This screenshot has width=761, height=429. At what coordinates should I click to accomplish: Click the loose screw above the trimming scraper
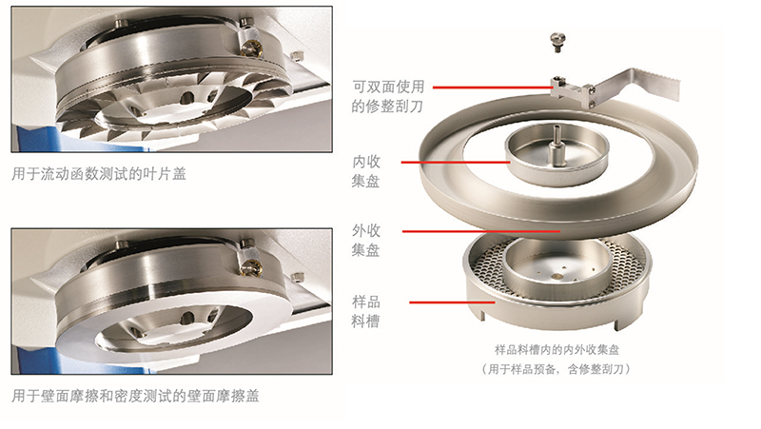[x=556, y=42]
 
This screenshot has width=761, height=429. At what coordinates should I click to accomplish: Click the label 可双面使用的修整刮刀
[x=388, y=96]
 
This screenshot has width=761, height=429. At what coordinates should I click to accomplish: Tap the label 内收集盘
[x=366, y=171]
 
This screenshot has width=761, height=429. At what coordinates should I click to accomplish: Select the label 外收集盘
[x=366, y=240]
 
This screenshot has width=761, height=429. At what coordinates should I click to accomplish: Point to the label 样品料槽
[x=366, y=311]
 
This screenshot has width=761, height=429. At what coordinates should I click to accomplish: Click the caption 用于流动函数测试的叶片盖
[x=99, y=174]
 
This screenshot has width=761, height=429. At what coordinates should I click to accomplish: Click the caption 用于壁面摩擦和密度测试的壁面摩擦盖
[x=135, y=396]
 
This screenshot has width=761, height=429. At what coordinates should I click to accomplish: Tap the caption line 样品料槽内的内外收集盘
[x=556, y=349]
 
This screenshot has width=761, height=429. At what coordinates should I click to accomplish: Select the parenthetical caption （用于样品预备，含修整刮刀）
[x=556, y=369]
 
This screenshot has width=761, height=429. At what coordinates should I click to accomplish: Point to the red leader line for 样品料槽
[x=453, y=302]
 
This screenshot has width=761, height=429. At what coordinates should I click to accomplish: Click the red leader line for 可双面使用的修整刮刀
[x=492, y=88]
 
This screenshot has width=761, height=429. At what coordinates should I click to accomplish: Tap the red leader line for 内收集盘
[x=456, y=162]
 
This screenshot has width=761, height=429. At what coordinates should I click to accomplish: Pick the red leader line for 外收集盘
[x=481, y=231]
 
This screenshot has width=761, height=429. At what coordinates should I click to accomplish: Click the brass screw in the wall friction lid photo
[x=252, y=266]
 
